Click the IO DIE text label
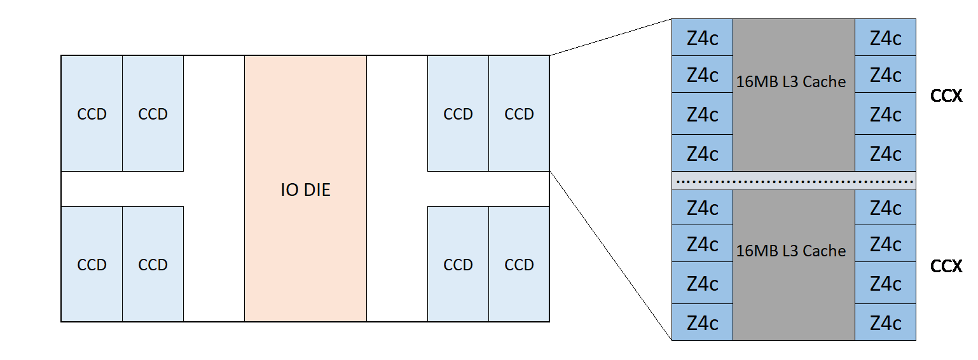tap(305, 190)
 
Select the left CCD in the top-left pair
tap(92, 114)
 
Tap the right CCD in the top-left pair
tap(153, 114)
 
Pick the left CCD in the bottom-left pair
tap(92, 265)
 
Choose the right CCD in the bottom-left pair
tap(153, 265)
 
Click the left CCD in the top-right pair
tap(458, 114)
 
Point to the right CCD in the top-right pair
tap(519, 114)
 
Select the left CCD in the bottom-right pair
tap(458, 265)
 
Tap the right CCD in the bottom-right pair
tap(519, 265)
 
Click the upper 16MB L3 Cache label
tap(791, 82)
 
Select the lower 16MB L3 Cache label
tap(791, 251)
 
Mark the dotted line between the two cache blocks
tap(794, 181)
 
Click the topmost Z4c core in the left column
tap(703, 38)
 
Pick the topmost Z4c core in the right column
tap(885, 38)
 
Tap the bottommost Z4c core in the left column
tap(703, 322)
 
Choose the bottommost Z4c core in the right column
tap(885, 322)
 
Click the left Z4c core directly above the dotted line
tap(703, 153)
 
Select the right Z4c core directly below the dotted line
tap(885, 208)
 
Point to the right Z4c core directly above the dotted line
tap(885, 153)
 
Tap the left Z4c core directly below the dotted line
tap(703, 208)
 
